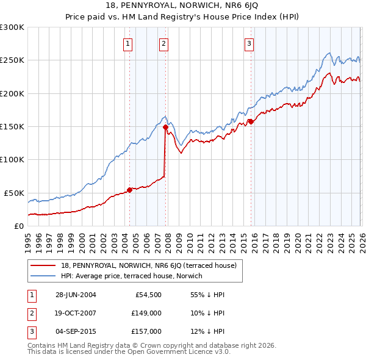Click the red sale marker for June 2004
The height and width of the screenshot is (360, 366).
(x=129, y=189)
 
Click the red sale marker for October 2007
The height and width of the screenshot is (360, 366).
(x=165, y=127)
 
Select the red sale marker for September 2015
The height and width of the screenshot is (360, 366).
(x=251, y=121)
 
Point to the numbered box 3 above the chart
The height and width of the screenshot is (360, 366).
(x=249, y=43)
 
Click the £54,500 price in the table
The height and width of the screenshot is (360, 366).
(x=148, y=295)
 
